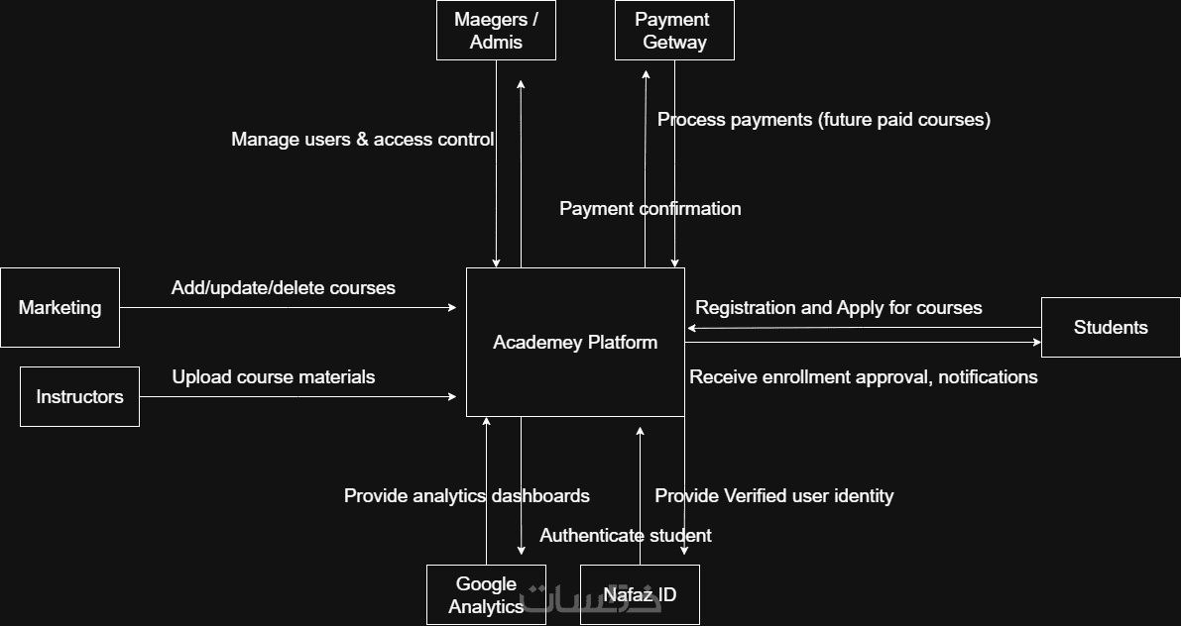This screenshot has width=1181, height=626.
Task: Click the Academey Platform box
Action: click(x=575, y=342)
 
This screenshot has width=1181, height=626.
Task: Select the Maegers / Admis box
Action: click(x=496, y=31)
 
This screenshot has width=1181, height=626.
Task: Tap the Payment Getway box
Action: click(x=674, y=31)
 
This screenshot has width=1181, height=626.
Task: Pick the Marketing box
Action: click(x=59, y=307)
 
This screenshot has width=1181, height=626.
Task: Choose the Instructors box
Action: click(x=79, y=396)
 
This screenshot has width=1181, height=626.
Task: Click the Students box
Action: click(x=1111, y=327)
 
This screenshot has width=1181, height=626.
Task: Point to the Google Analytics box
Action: click(x=486, y=594)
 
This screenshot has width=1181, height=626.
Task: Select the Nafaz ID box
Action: click(x=640, y=594)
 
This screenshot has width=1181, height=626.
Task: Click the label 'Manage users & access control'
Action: click(x=362, y=140)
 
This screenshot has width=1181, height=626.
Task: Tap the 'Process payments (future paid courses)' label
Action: click(x=824, y=120)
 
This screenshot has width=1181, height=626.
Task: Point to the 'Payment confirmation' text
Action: click(x=650, y=209)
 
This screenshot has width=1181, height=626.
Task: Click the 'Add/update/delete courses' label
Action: click(x=283, y=288)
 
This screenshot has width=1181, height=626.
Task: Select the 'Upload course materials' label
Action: click(x=274, y=377)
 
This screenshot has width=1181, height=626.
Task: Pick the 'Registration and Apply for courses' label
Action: click(x=838, y=308)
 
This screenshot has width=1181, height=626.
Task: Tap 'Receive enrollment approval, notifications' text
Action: click(x=863, y=377)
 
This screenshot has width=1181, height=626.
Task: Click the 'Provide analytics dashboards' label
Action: click(x=466, y=496)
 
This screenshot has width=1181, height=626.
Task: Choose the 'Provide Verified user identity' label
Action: click(x=774, y=496)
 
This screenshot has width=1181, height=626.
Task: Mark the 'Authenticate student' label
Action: click(x=625, y=536)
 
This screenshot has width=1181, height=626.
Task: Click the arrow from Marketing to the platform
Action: click(x=288, y=308)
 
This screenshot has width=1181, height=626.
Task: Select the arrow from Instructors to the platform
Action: click(x=297, y=397)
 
